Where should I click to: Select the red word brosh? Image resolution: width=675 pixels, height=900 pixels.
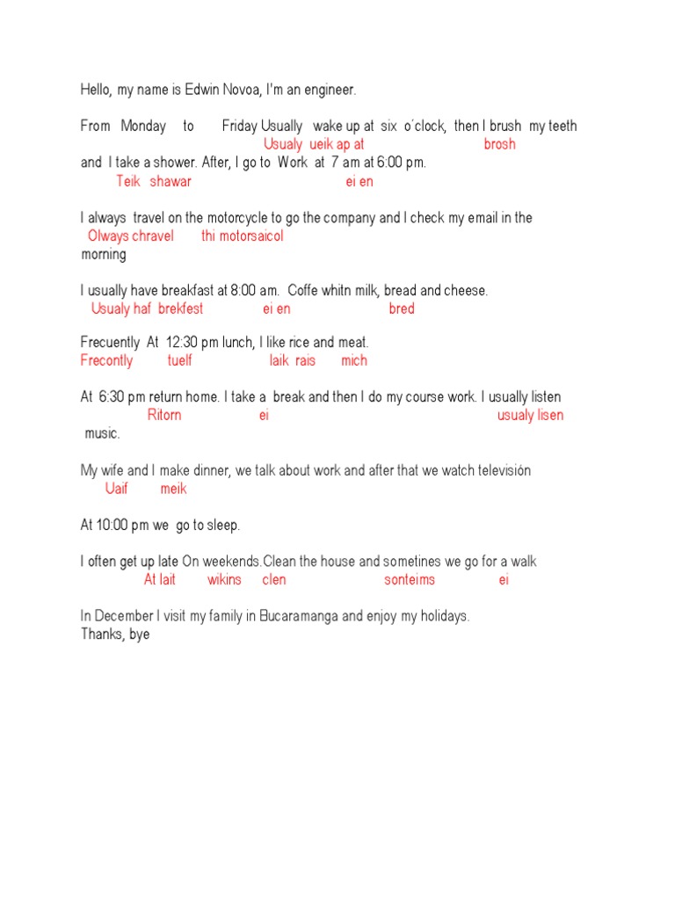[x=499, y=144]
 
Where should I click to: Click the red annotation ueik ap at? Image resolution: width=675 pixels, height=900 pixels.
[x=337, y=144]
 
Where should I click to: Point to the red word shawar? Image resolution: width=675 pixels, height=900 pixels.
[x=171, y=181]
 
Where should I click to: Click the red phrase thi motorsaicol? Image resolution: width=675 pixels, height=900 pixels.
[x=243, y=236]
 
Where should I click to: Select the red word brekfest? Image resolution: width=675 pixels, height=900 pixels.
[x=180, y=308]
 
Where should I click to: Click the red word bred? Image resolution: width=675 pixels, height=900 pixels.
[x=402, y=308]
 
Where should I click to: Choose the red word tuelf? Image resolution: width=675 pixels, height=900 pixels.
[x=179, y=360]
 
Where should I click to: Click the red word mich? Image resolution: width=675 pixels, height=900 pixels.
[x=354, y=360]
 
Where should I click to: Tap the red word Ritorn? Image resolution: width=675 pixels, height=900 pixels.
[x=164, y=415]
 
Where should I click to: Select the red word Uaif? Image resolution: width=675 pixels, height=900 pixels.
[x=117, y=489]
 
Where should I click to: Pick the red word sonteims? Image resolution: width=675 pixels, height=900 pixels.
[x=410, y=580]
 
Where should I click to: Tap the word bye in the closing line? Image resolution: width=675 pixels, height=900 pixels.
[x=138, y=634]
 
